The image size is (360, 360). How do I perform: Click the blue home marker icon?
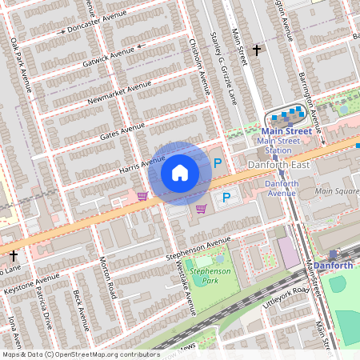(180, 173)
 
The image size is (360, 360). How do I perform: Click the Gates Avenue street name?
(122, 131)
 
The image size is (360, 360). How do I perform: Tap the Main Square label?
(337, 191)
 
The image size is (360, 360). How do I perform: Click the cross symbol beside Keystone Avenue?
(14, 255)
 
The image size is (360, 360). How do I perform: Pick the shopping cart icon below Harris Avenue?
(142, 195)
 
